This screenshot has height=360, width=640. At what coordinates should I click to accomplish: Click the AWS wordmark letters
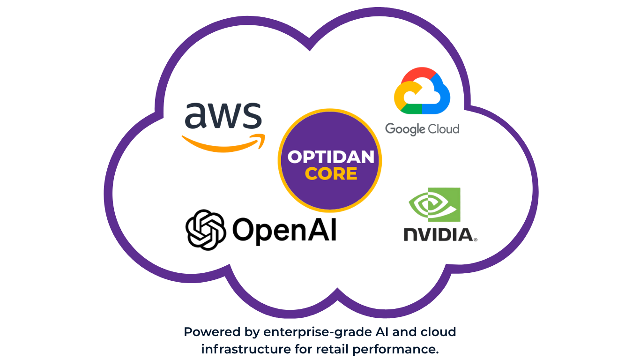point(223,116)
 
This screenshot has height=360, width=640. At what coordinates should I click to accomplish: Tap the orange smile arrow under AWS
point(223,142)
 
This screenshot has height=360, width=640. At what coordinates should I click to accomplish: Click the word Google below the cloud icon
point(403,129)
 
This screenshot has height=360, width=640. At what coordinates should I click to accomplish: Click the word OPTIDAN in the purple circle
point(331,157)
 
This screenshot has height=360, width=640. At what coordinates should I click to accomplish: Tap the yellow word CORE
point(331,174)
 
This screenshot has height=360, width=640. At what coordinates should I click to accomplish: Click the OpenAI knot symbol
point(206,229)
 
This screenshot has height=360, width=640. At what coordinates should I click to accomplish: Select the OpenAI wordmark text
point(284,230)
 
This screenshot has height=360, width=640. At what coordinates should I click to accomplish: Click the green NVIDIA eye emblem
point(434,204)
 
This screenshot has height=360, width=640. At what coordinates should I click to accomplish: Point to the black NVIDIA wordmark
point(438,234)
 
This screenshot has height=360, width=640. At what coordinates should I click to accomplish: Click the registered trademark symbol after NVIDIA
point(476,240)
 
